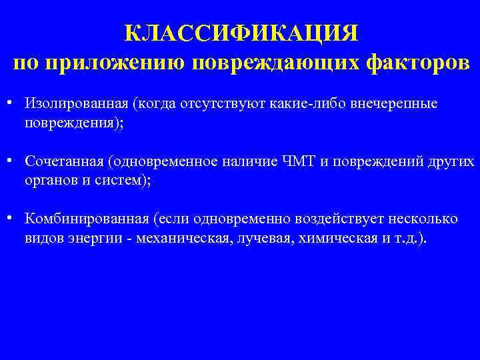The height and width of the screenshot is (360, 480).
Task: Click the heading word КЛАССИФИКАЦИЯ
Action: point(241,33)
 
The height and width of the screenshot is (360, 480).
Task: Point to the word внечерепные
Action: point(396,105)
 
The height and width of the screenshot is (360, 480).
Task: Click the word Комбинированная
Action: point(87,219)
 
